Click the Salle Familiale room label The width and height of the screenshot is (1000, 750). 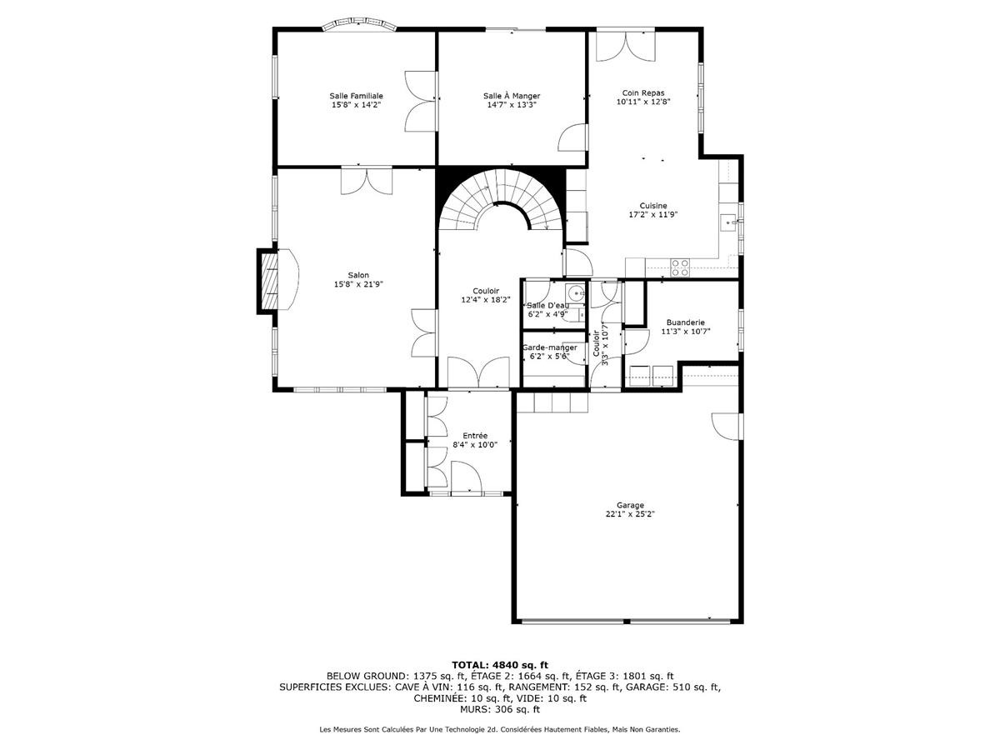pos(356,96)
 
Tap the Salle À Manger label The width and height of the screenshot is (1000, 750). pos(511,96)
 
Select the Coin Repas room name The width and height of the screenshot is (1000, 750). pos(642,92)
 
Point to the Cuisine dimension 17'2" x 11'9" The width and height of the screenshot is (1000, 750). pos(652,215)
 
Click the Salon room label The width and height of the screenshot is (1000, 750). pos(358,275)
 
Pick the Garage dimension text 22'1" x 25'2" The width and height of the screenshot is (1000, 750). pos(630,514)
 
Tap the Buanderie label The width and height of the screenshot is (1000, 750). pos(686,322)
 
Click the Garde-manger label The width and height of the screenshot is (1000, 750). pos(549,347)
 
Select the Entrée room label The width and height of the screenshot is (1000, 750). pos(475,435)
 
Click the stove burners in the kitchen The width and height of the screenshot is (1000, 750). pos(680,267)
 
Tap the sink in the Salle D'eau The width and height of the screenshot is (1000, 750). pos(573,293)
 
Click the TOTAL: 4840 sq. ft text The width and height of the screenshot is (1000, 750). pos(500,664)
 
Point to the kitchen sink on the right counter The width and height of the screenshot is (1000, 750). pos(727,222)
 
